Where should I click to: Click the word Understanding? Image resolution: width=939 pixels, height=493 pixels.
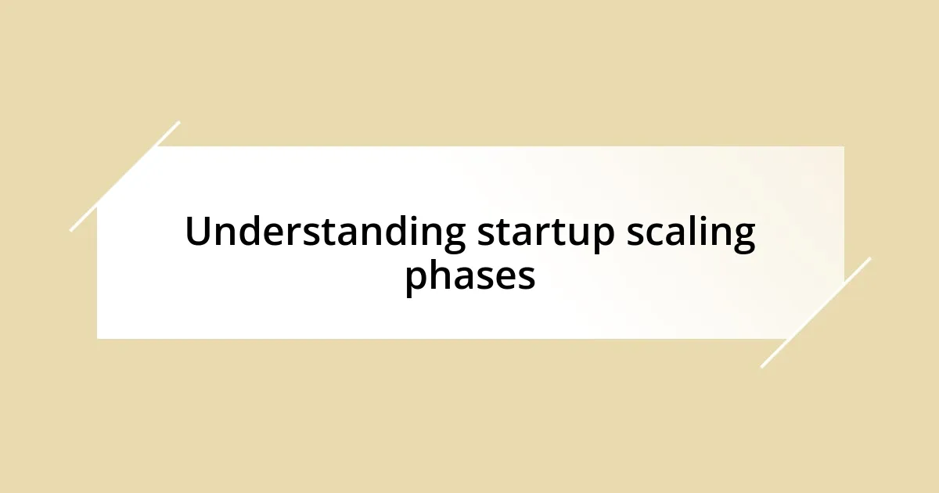pos(325,233)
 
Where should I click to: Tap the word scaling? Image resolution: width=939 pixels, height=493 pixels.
pos(690,233)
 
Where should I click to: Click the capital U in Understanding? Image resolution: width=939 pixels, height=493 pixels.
pos(198,232)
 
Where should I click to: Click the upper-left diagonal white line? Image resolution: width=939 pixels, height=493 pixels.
pos(125,176)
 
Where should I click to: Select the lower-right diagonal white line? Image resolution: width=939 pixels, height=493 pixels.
pos(815,312)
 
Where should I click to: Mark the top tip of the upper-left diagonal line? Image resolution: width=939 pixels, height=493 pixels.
pos(179,122)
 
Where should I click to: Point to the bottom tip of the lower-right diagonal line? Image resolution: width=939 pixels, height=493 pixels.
pos(761,367)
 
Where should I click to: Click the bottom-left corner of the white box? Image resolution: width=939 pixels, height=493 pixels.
pos(98,338)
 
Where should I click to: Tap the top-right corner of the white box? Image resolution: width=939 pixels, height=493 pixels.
pos(844,147)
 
